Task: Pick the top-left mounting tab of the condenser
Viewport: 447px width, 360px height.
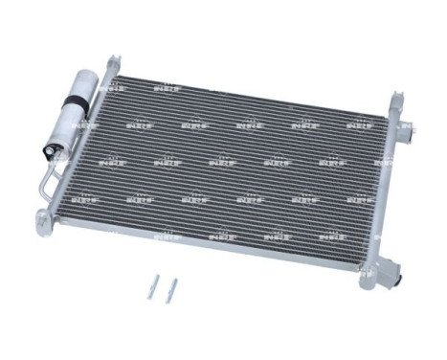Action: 113,62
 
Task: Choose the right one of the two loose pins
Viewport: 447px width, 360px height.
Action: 170,289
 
